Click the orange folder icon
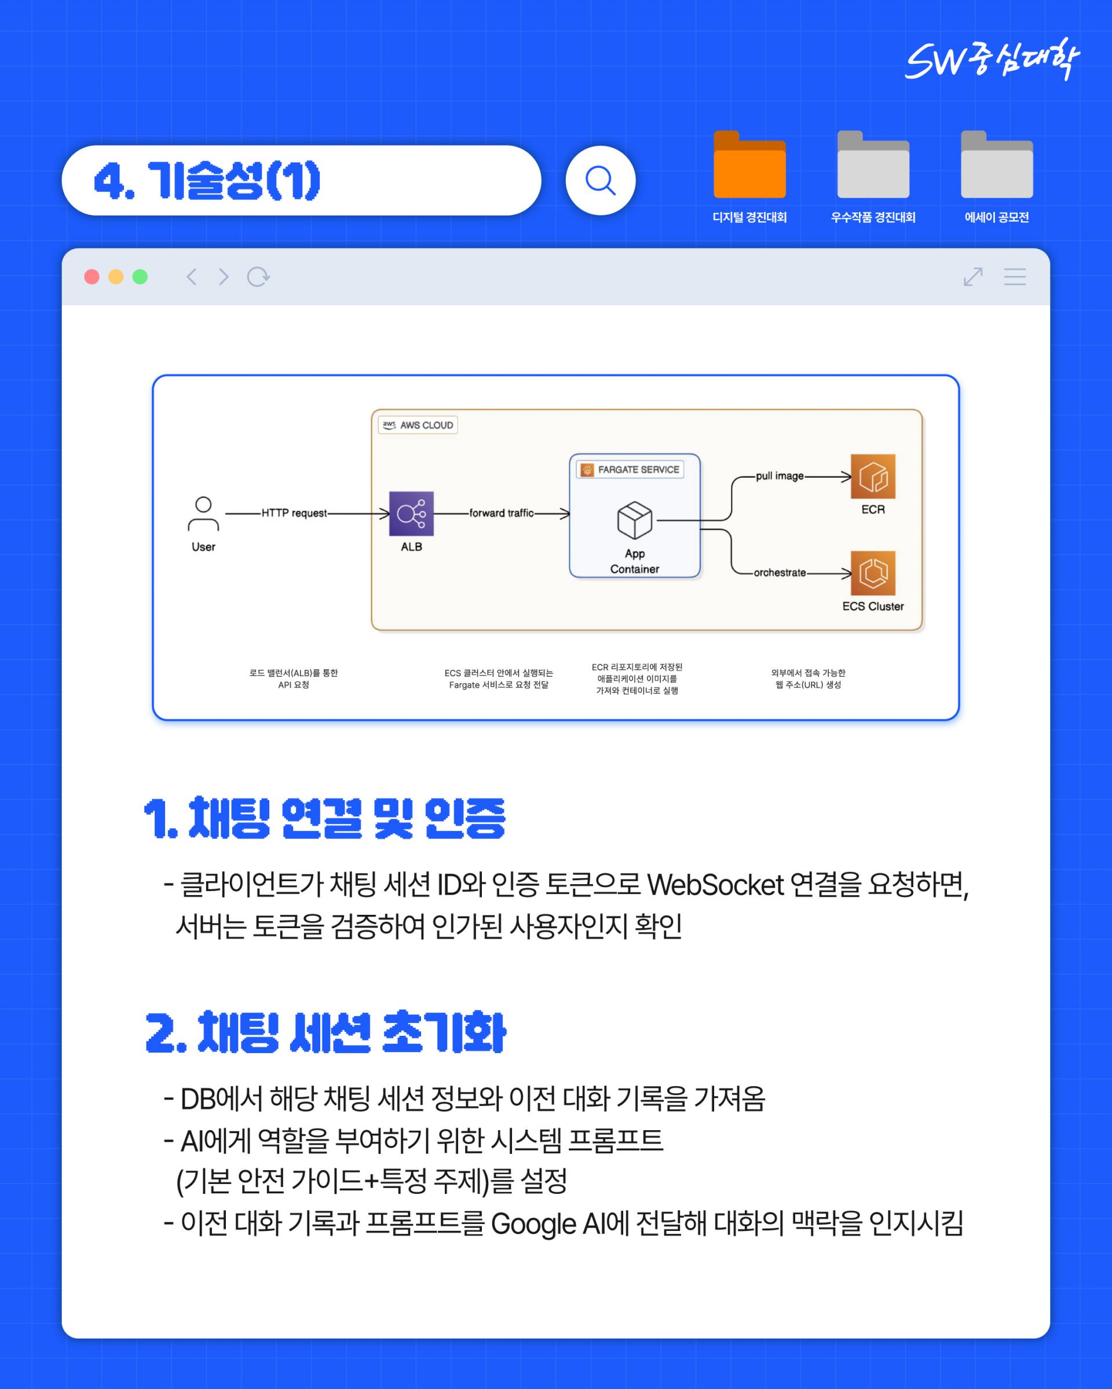coord(749,166)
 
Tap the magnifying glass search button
coord(600,181)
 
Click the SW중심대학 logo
coord(992,59)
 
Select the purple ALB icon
coord(411,514)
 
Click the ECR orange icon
coord(872,476)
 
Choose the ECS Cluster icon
coord(872,573)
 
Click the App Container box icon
coord(635,520)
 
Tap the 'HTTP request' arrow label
coord(294,514)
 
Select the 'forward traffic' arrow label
coord(501,514)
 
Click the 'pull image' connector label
coord(780,476)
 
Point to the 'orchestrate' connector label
coord(780,573)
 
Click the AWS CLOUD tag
coord(418,425)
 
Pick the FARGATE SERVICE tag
coord(630,470)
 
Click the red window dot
coord(92,277)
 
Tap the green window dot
coord(140,277)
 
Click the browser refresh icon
coord(258,277)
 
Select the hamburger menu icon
coord(1015,277)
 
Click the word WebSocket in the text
coord(715,885)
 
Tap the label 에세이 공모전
coord(996,218)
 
